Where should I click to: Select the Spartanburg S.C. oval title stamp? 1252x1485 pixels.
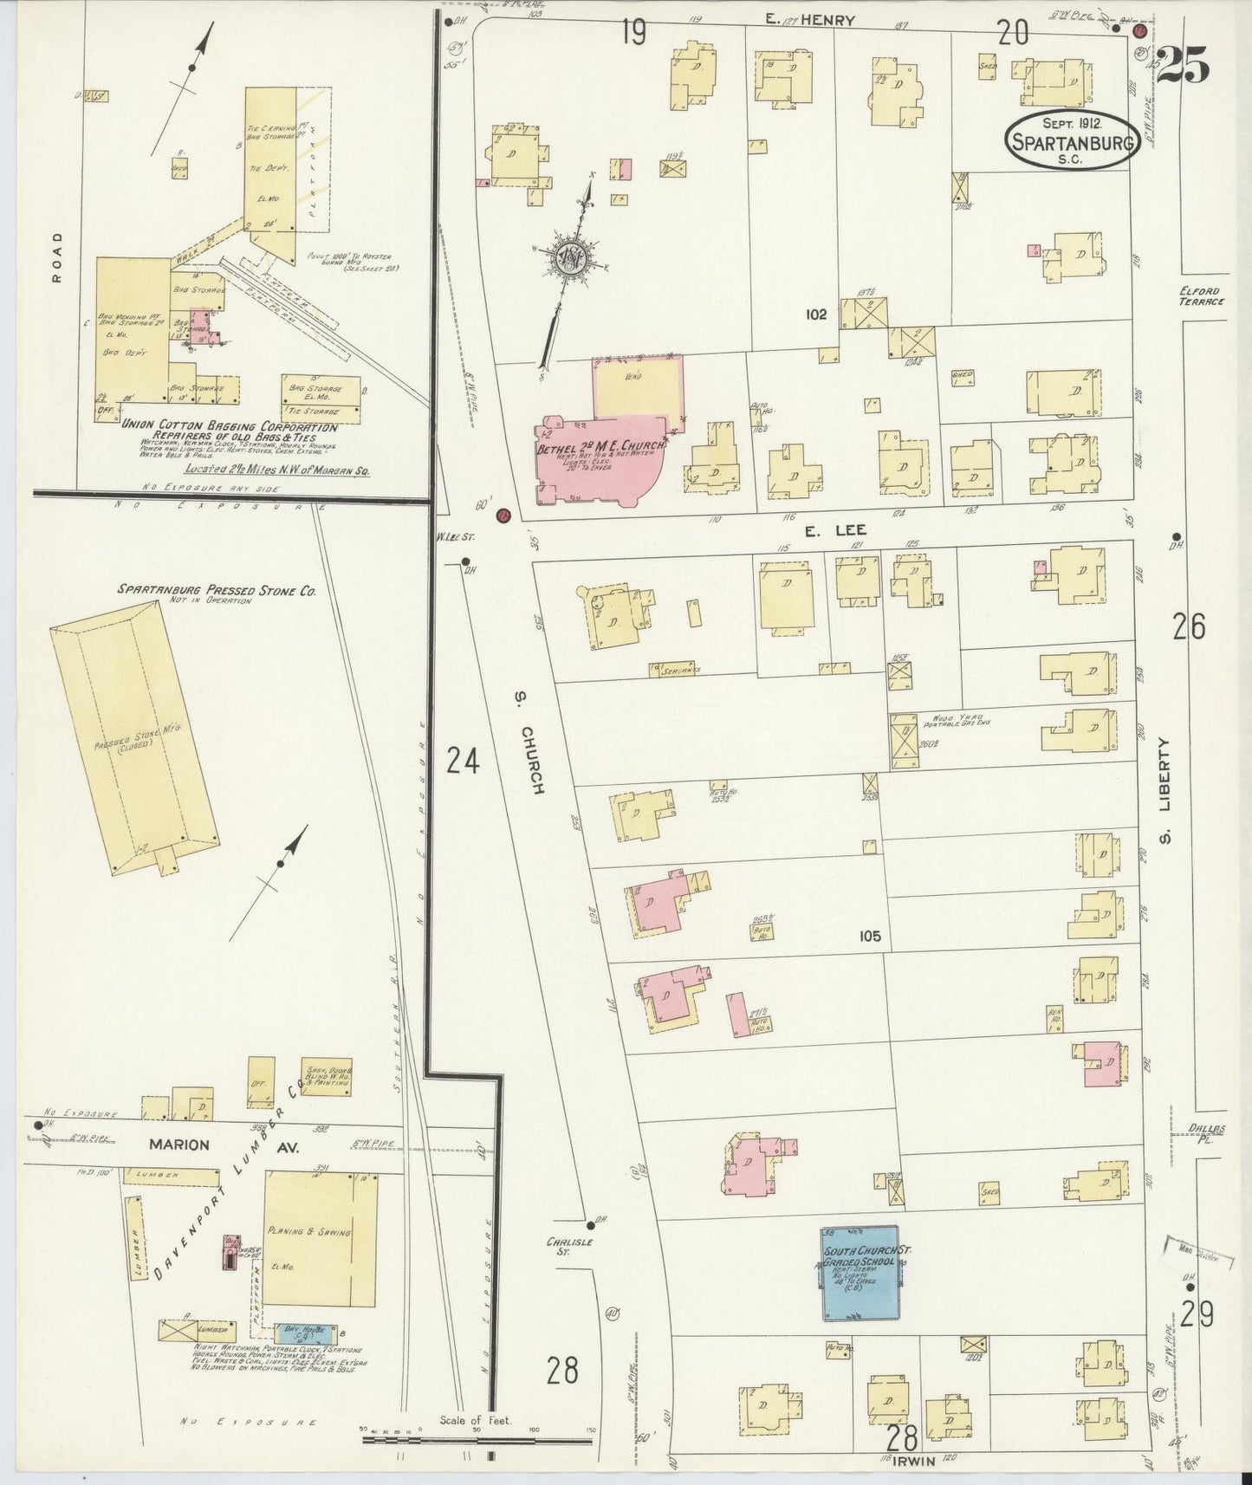click(1071, 139)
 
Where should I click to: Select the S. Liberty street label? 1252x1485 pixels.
click(1165, 790)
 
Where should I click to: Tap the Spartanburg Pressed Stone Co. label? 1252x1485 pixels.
click(217, 590)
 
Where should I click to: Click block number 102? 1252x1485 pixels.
click(815, 315)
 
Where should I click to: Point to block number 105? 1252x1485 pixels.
click(870, 936)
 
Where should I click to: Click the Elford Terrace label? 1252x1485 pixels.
click(1201, 296)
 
